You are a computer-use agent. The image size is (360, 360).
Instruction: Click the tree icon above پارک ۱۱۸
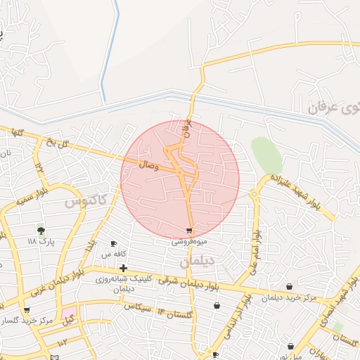point(41,231)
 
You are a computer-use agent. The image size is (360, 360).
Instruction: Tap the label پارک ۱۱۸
point(41,241)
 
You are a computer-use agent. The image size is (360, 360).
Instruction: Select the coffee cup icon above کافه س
point(114,243)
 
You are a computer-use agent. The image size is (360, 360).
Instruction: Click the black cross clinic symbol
point(124,268)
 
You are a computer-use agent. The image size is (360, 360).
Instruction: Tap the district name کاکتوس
point(86,201)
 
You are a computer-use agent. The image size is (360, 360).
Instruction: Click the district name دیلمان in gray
point(194,261)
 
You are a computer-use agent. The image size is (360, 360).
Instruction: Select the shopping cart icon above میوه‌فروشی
point(189,231)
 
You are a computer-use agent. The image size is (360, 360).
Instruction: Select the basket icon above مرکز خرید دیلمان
point(290,286)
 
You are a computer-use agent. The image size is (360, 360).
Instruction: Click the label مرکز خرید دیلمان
point(289,297)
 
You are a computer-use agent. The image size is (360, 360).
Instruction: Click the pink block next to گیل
point(68,311)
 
